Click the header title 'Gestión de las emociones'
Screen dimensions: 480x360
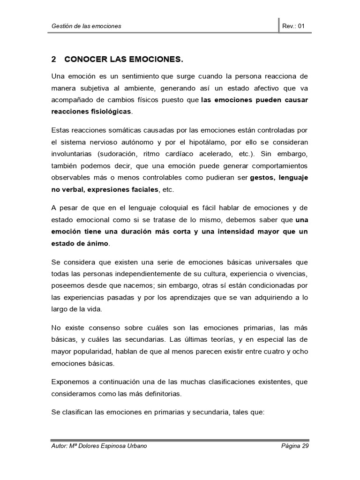point(86,26)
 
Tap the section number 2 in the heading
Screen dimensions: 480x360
point(53,60)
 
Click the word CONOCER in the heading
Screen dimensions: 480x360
point(84,60)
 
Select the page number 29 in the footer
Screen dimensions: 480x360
point(305,446)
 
